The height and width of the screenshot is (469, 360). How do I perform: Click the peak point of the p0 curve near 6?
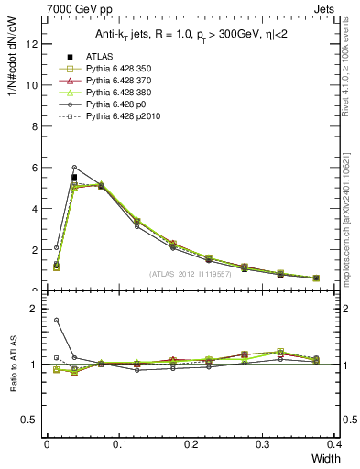coord(74,167)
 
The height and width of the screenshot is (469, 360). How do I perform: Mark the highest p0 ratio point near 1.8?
coord(56,320)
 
